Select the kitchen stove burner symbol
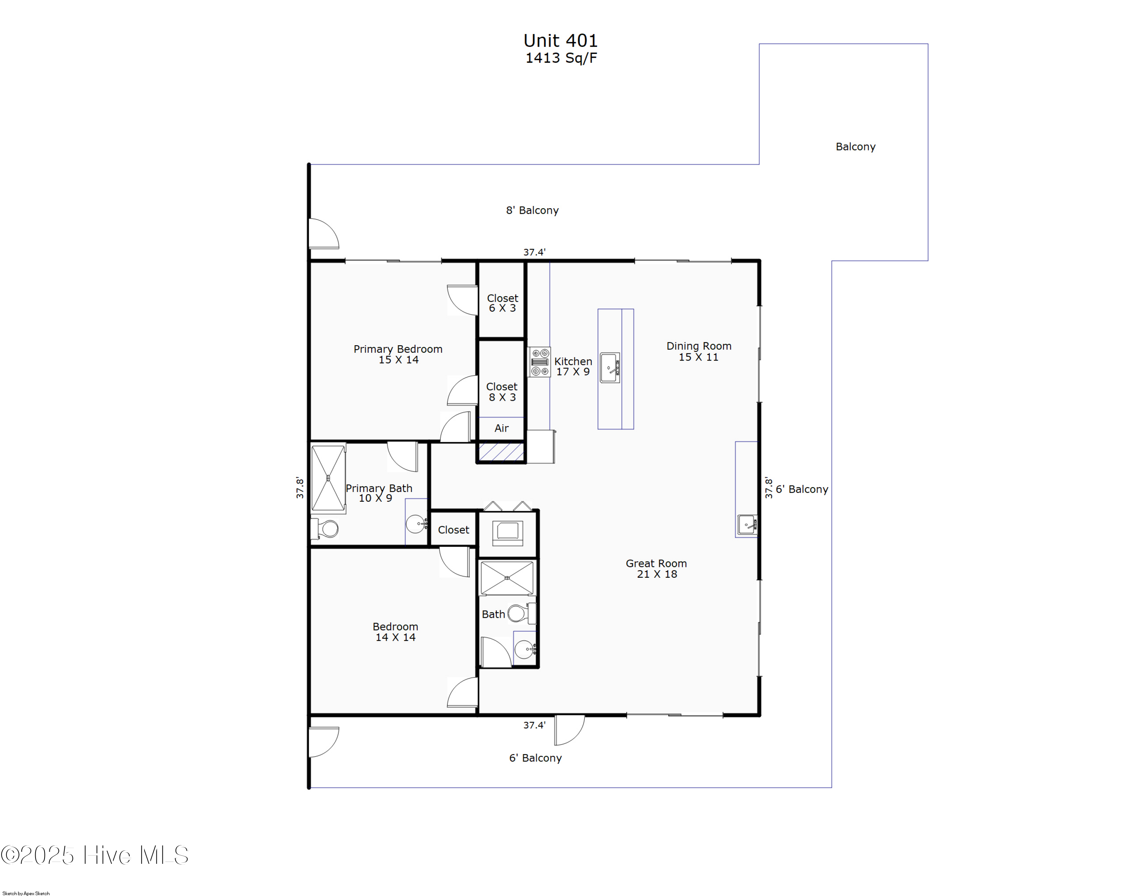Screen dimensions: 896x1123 (x=540, y=362)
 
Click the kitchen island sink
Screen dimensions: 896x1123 (x=610, y=368)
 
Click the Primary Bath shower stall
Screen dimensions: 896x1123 (x=328, y=478)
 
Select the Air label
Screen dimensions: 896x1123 (x=502, y=428)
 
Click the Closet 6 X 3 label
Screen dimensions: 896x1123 (x=502, y=303)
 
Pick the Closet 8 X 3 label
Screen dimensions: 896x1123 (x=502, y=392)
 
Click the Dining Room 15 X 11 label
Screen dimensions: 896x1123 (x=699, y=351)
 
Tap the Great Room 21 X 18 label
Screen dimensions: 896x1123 (x=656, y=568)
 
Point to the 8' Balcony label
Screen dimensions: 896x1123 (x=532, y=210)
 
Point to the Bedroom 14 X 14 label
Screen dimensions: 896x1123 (x=395, y=631)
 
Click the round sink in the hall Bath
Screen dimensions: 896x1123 (x=524, y=649)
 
